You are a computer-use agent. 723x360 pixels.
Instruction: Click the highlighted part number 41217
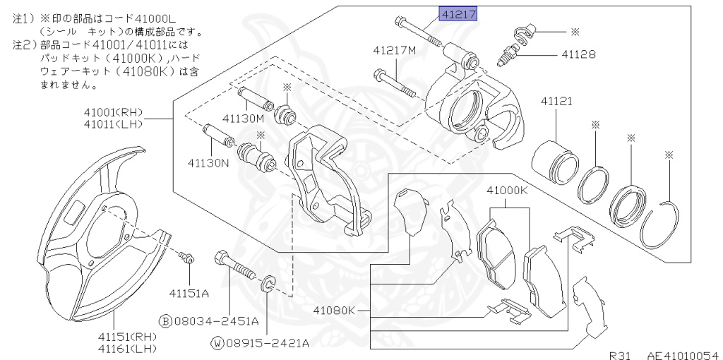[x=459, y=13]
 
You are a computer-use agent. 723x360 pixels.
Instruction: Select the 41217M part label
[x=395, y=51]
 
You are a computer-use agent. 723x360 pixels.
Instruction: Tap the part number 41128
[x=578, y=54]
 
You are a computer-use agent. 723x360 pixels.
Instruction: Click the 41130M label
[x=242, y=118]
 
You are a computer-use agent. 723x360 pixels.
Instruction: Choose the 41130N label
[x=209, y=162]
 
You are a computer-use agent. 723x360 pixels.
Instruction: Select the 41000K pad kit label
[x=507, y=191]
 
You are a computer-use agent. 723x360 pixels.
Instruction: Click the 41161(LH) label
[x=128, y=349]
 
